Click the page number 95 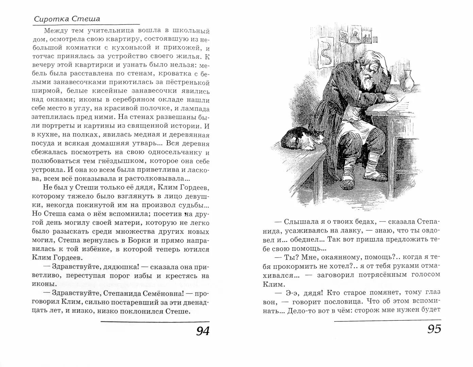coord(434,329)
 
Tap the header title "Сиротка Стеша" coord(67,19)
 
